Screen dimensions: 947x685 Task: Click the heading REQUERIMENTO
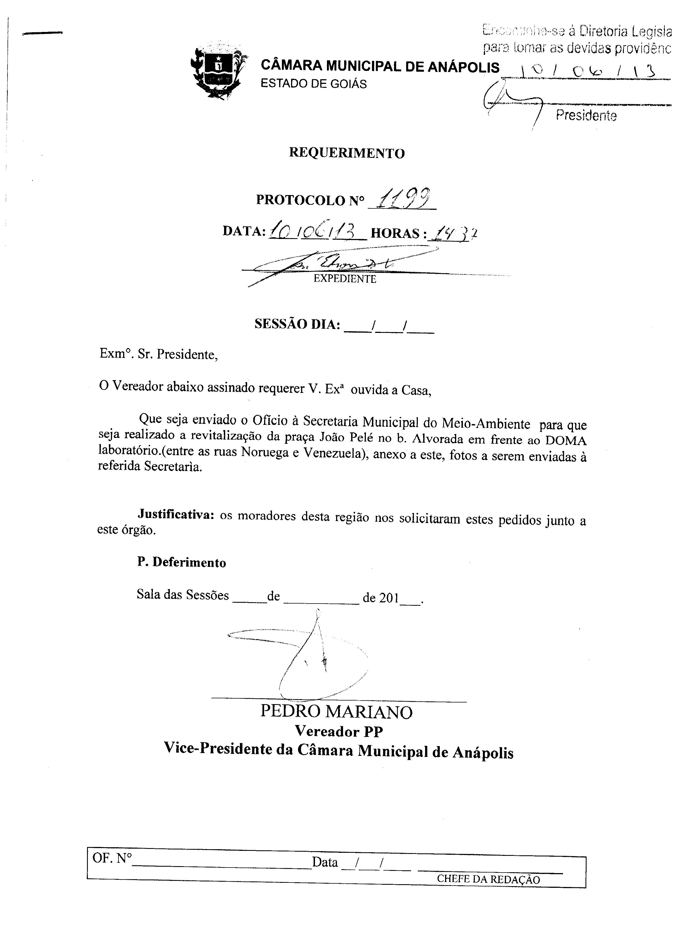click(x=347, y=153)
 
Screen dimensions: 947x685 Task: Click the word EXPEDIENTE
click(x=345, y=279)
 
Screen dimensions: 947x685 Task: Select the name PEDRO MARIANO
click(x=337, y=712)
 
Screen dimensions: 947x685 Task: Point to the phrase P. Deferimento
click(x=182, y=562)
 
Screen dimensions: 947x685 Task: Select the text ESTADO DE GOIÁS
click(x=313, y=84)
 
